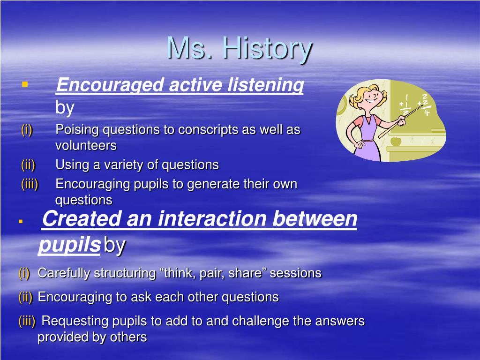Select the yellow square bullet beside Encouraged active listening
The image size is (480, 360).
[25, 84]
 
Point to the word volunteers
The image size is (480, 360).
[86, 145]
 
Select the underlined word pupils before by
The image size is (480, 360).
[69, 245]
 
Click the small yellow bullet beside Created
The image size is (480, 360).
[21, 221]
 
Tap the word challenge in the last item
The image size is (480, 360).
[260, 322]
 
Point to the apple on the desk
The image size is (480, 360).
[396, 141]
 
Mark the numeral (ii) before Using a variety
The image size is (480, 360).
[28, 165]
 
